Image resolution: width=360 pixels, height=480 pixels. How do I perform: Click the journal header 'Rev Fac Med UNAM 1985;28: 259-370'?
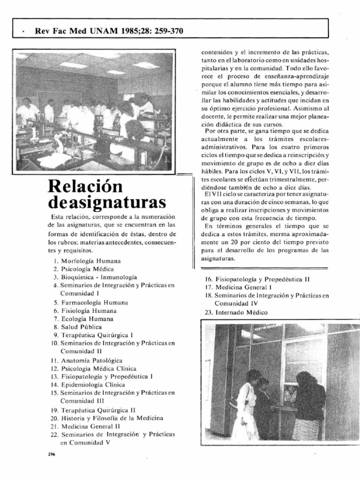click(109, 31)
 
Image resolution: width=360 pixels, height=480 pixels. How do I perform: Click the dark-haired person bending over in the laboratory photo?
click(129, 122)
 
